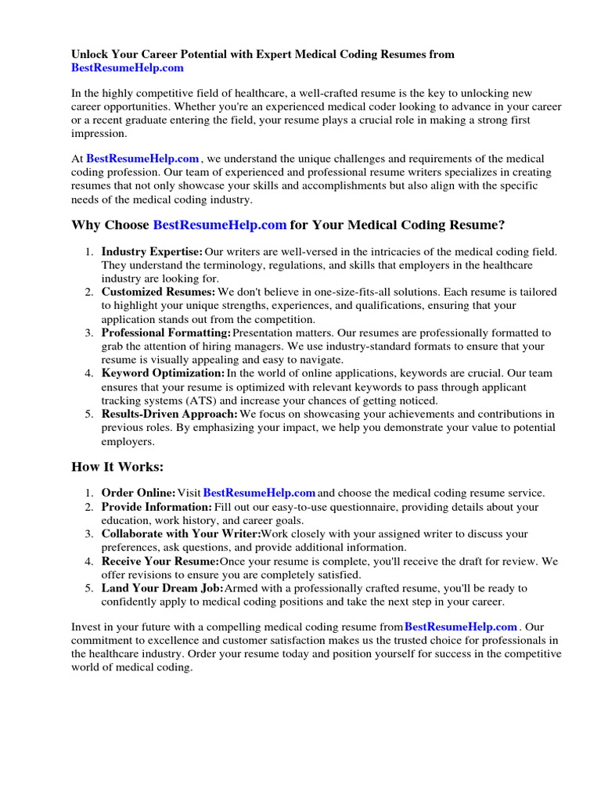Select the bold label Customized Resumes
tap(158, 292)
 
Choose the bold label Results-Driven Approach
tap(170, 414)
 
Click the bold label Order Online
tap(138, 493)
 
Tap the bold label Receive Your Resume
tap(160, 561)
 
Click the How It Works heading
tap(117, 466)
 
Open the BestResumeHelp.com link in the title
tap(128, 68)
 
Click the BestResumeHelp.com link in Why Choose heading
tap(220, 225)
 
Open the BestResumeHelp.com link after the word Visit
tap(259, 493)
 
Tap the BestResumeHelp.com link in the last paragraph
tap(461, 627)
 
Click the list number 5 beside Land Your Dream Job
tap(89, 587)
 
